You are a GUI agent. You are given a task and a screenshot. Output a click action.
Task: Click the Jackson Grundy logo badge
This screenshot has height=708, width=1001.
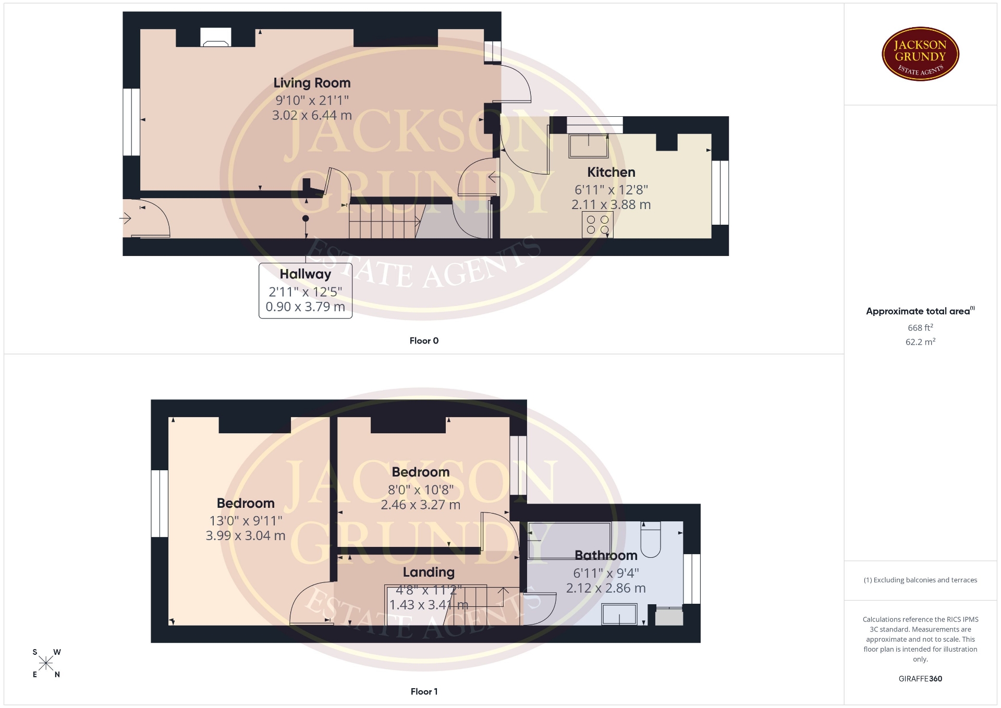click(920, 54)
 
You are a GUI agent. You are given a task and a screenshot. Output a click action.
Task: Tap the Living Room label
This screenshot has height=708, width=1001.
click(312, 83)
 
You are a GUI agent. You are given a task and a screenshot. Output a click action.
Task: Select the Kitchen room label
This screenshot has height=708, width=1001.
click(611, 172)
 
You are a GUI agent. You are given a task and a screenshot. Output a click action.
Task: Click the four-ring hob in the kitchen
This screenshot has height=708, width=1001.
click(597, 225)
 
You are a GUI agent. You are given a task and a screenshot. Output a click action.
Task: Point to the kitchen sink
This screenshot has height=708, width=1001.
click(589, 145)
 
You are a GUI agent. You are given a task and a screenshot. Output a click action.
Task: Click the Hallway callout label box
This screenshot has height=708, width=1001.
click(306, 290)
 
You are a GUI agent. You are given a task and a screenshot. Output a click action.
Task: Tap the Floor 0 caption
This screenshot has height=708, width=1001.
click(424, 340)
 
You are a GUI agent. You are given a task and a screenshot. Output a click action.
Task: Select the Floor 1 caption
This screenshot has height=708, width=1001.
click(424, 691)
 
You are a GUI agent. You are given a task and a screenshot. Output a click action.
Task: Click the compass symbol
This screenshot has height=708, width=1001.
click(46, 663)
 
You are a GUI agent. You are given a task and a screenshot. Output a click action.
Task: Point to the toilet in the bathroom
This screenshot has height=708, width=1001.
click(650, 539)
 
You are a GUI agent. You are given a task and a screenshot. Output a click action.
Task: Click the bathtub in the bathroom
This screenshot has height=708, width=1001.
click(569, 540)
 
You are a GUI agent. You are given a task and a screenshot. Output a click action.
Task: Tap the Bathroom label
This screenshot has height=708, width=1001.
click(606, 555)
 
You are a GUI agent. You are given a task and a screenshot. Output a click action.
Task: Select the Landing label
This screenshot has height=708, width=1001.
click(429, 572)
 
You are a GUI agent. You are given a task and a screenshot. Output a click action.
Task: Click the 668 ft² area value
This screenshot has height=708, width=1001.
click(920, 327)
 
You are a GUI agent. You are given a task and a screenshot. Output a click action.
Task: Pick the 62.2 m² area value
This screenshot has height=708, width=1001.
click(920, 341)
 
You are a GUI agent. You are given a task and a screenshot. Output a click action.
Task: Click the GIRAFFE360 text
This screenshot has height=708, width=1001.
click(920, 678)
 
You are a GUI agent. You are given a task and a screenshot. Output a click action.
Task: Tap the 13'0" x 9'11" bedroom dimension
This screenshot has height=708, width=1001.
click(246, 520)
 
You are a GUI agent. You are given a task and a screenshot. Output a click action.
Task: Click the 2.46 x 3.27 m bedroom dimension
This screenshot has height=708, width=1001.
click(420, 505)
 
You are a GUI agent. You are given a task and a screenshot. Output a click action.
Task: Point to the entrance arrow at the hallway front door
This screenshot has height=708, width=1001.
click(125, 218)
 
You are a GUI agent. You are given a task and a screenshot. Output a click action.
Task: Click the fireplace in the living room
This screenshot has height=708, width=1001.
click(216, 37)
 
